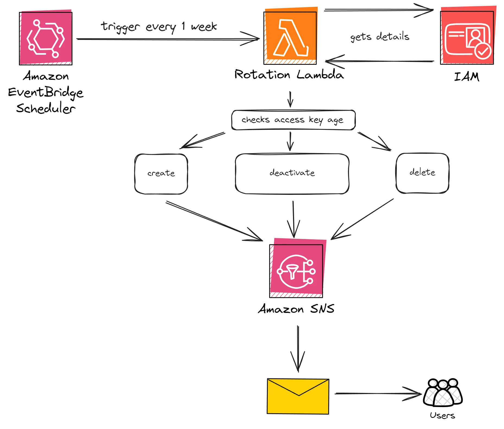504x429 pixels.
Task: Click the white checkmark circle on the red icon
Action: click(x=483, y=51)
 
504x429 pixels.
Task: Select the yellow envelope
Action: click(x=298, y=396)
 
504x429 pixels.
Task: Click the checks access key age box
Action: click(x=293, y=120)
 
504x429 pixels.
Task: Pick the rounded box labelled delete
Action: click(x=423, y=173)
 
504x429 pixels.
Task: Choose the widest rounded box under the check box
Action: click(x=292, y=173)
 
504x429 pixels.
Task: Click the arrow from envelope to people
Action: click(x=377, y=393)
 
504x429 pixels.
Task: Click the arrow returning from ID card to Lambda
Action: click(x=380, y=61)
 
